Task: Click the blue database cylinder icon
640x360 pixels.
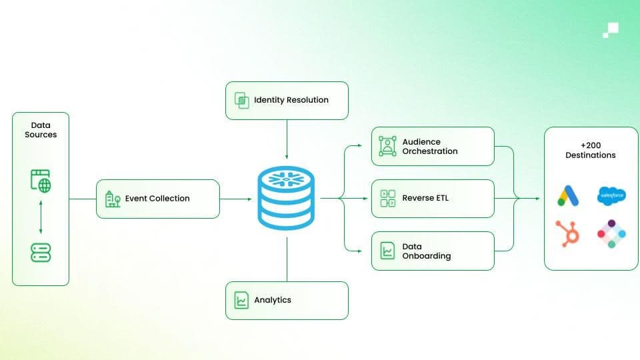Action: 287,199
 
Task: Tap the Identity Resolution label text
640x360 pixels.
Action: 291,100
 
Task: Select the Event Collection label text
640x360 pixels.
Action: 157,198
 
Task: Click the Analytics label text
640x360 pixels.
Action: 273,300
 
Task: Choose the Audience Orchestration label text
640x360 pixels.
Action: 430,147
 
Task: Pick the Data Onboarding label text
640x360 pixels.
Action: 427,251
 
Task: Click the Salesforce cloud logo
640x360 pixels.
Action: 611,195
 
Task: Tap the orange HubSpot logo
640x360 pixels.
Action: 568,233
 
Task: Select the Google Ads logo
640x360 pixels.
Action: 568,195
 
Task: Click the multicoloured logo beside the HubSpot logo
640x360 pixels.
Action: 611,233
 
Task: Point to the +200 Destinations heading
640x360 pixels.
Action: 591,150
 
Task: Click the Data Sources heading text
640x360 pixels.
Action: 41,129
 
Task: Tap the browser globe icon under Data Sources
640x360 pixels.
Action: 41,180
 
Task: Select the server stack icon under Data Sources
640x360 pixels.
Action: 41,252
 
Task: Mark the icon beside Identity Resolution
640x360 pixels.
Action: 241,101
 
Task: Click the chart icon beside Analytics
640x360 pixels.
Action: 241,300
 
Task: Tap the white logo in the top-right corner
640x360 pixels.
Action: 610,29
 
